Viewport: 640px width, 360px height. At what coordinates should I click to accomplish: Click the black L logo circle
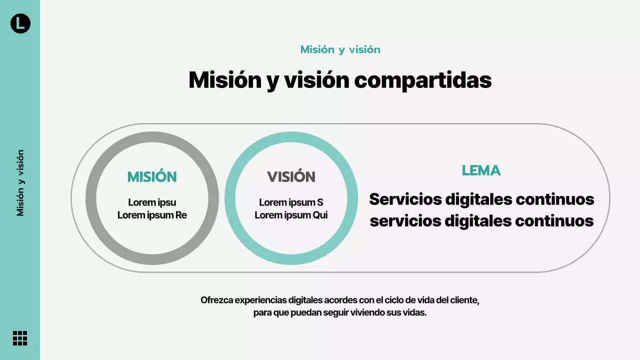(20, 23)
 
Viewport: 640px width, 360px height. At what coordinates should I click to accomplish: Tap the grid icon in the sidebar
(20, 338)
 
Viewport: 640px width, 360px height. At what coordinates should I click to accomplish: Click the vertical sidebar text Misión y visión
(20, 183)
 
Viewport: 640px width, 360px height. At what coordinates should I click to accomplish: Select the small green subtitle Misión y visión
(340, 49)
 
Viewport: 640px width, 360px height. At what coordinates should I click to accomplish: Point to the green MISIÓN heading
(152, 177)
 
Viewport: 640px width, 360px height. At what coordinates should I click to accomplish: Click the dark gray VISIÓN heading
(291, 177)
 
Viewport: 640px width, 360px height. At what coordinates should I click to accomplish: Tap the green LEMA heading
(481, 170)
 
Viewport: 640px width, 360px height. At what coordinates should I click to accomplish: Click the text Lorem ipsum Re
(152, 215)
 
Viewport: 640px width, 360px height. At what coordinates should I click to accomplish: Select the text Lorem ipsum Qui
(291, 215)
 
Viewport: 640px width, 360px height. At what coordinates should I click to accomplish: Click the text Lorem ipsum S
(291, 202)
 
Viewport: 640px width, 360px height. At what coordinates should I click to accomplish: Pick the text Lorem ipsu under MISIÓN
(152, 202)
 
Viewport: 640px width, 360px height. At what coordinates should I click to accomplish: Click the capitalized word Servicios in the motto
(405, 199)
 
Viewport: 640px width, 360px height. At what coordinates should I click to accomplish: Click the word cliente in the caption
(464, 300)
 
